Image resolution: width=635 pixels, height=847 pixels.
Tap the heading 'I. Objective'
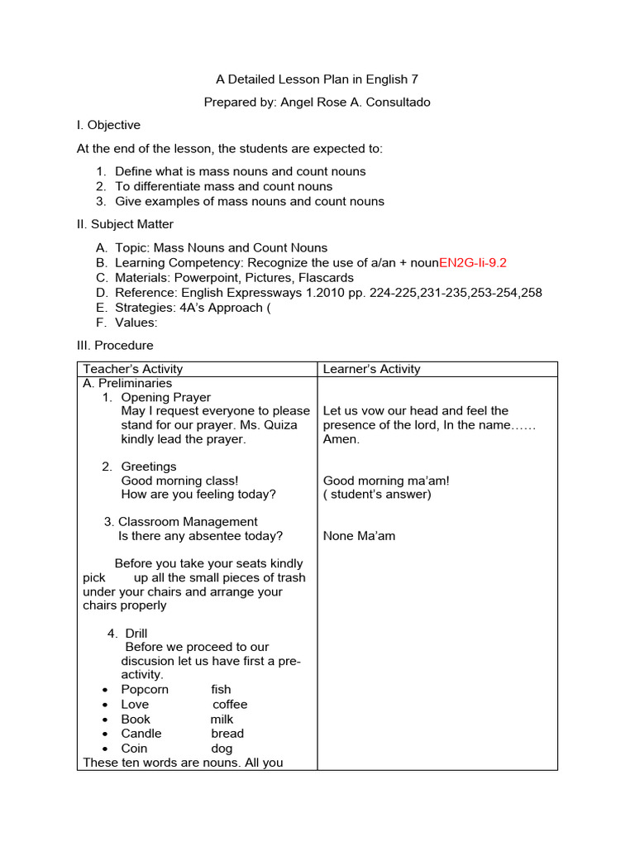tap(108, 125)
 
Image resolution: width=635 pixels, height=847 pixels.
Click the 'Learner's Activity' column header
tap(371, 369)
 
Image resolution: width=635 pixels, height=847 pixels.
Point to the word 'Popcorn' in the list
tap(145, 690)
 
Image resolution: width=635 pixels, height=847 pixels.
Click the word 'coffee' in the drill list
tap(230, 705)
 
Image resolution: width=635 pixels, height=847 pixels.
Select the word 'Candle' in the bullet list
tap(141, 734)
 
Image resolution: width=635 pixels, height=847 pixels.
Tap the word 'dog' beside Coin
tap(222, 749)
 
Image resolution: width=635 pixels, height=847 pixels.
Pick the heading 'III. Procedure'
tap(115, 345)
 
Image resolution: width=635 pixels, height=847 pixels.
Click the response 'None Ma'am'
tap(359, 536)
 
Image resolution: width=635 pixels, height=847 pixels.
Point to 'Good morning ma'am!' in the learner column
tap(386, 481)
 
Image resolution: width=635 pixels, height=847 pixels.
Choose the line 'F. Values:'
tap(127, 323)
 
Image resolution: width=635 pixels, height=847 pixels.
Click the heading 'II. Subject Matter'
tap(125, 224)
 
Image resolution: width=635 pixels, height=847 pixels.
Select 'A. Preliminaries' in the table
tap(127, 383)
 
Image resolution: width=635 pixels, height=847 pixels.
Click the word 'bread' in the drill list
tap(227, 734)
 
